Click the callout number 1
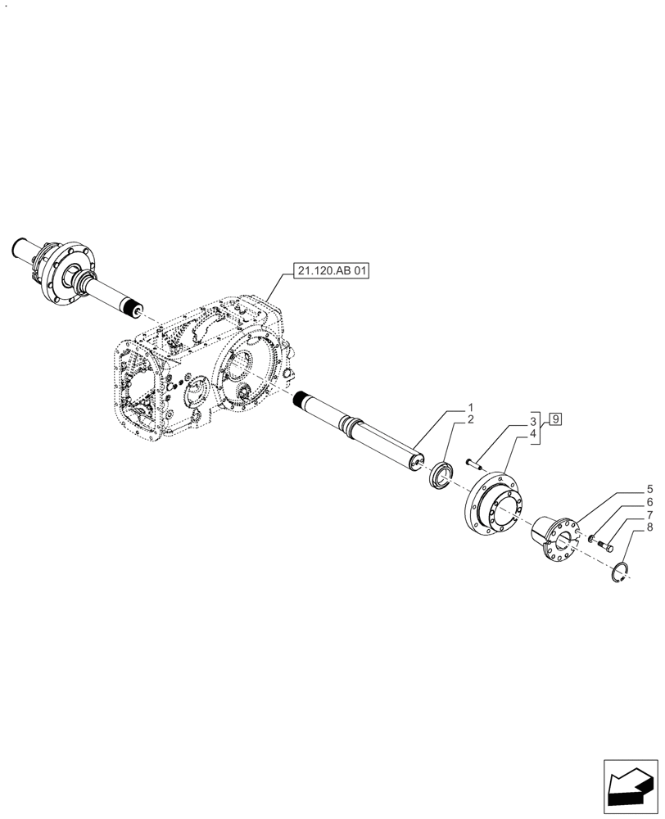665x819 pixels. pyautogui.click(x=471, y=407)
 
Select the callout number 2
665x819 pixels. pyautogui.click(x=471, y=419)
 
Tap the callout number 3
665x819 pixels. pyautogui.click(x=532, y=420)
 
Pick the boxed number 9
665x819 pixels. pyautogui.click(x=555, y=419)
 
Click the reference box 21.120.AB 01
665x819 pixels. pyautogui.click(x=328, y=271)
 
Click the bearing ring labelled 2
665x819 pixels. pyautogui.click(x=442, y=474)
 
